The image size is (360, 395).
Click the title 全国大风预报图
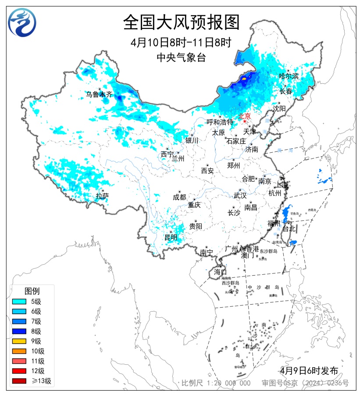181,22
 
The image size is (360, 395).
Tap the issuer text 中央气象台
181,57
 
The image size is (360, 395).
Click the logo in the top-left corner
22,22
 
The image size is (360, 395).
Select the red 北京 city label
244,116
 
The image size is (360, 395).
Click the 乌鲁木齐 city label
99,94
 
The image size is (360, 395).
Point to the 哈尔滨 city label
289,76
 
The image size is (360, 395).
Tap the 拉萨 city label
102,196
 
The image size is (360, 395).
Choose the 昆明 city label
171,237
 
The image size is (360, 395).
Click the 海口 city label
220,272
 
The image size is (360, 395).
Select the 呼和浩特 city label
220,122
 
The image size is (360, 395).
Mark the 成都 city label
179,197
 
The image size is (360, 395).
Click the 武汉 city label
240,195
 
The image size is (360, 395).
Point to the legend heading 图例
32,291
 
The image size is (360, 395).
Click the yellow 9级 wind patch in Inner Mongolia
243,79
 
